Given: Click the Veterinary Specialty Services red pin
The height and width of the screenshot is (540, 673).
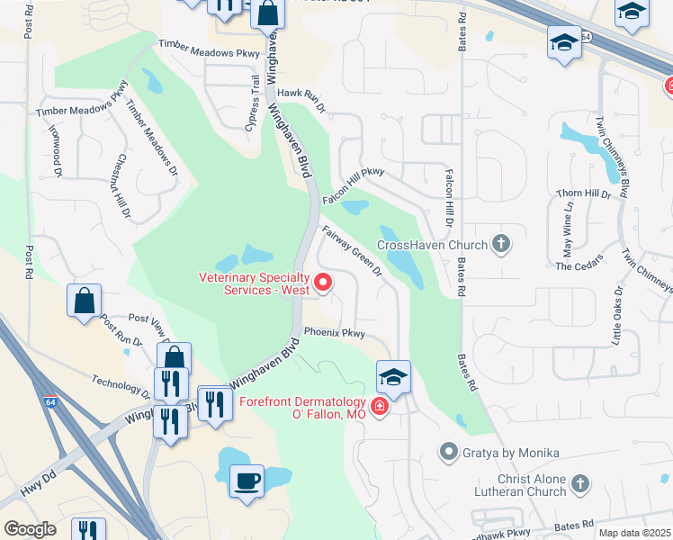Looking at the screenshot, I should tap(324, 283).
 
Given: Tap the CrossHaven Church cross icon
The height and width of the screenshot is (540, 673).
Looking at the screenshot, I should tap(501, 244).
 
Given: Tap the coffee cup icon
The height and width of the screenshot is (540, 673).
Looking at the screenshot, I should tap(246, 480).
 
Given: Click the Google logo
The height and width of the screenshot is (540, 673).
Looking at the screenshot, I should tap(30, 528).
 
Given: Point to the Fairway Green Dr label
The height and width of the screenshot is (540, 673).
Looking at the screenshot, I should tap(353, 251).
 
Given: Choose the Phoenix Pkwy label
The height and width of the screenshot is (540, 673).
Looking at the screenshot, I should tap(334, 332).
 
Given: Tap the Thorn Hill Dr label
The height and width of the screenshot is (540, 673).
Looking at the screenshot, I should tap(583, 193).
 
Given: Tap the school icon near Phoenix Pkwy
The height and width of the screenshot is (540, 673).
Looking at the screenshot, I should tap(393, 375).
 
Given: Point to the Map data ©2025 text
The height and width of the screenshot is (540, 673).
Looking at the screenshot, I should tap(633, 533).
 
